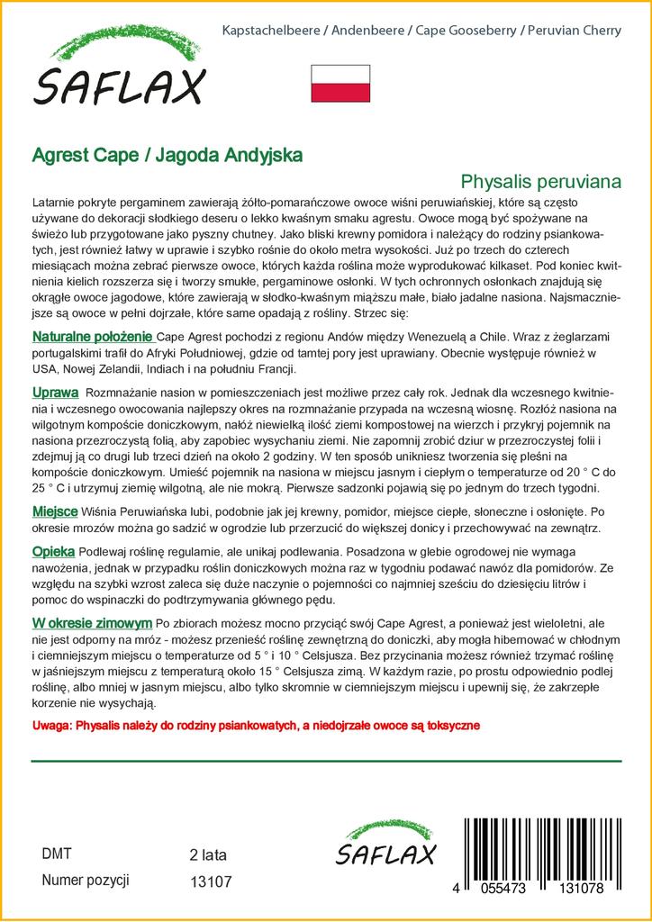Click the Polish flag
tap(340, 83)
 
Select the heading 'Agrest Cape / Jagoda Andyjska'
tap(168, 154)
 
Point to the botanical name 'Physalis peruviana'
tap(540, 181)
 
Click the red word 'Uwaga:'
tap(52, 726)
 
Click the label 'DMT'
tap(56, 854)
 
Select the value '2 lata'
tap(208, 854)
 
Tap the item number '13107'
tap(212, 883)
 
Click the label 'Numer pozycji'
tap(86, 881)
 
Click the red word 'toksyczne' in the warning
tap(448, 726)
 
